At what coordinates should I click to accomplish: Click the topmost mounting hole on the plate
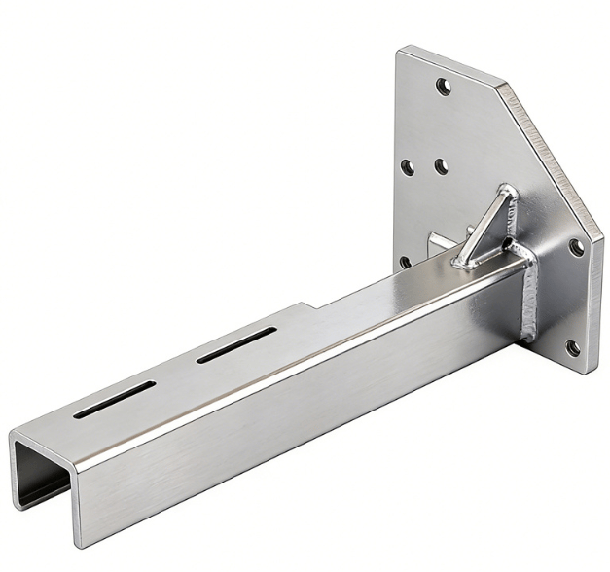[444, 88]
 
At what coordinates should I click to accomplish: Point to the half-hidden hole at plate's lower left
[405, 262]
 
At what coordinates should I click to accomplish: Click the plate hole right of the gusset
[576, 247]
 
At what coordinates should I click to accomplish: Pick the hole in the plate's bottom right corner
[572, 347]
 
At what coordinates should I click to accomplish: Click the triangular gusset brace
[491, 226]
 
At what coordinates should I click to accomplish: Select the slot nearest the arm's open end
[113, 399]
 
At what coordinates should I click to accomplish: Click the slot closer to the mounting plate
[236, 346]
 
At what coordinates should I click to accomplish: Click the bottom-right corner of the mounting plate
[588, 373]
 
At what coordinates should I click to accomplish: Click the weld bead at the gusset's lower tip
[463, 260]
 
